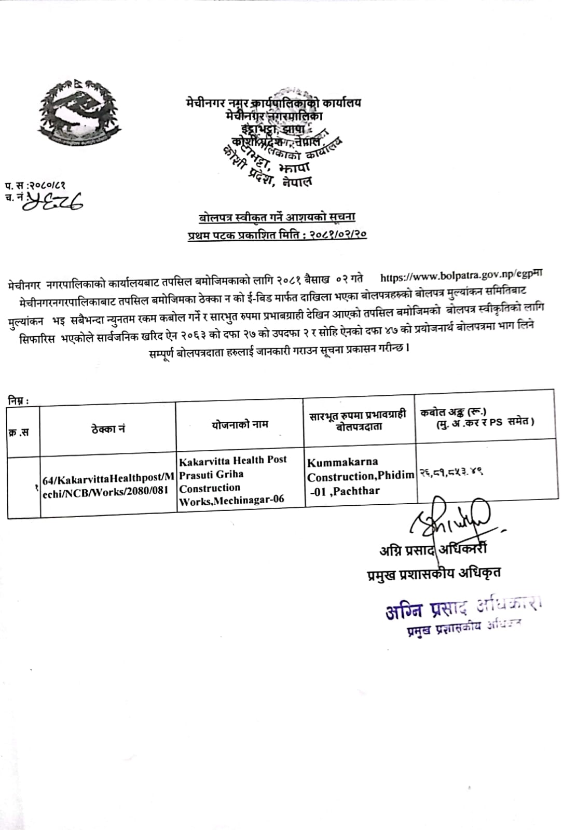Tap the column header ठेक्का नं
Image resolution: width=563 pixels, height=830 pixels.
click(x=108, y=429)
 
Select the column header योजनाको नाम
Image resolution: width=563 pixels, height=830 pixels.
click(x=240, y=424)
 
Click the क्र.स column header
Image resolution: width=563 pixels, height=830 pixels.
click(x=19, y=432)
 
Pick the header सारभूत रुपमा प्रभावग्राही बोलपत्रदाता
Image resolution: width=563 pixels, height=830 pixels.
click(x=358, y=421)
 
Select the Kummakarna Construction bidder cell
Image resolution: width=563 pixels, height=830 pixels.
click(x=360, y=476)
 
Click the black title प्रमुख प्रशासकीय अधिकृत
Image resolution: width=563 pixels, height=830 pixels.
click(x=433, y=573)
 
